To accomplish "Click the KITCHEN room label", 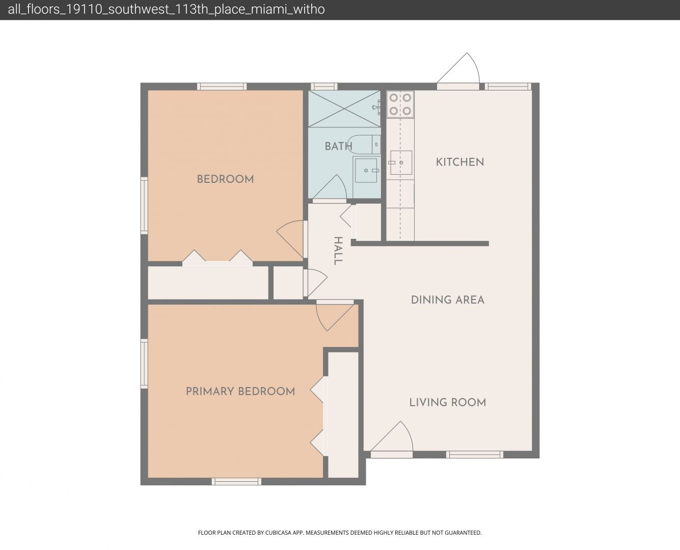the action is point(460,162).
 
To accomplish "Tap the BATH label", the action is point(338,147).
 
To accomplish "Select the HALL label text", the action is point(338,251).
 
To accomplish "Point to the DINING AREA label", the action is point(448,300).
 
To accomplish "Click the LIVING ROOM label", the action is point(448,402).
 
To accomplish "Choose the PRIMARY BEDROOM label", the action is point(240,391).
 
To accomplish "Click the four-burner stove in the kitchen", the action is point(400,104).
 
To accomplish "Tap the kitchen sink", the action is point(401,162).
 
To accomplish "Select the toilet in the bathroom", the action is point(364,145).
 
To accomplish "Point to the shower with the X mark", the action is point(344,109).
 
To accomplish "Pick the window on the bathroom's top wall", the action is point(324,86).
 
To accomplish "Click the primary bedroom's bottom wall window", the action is point(236,481).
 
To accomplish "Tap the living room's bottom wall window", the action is point(474,455).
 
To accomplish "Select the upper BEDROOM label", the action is point(225,179).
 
